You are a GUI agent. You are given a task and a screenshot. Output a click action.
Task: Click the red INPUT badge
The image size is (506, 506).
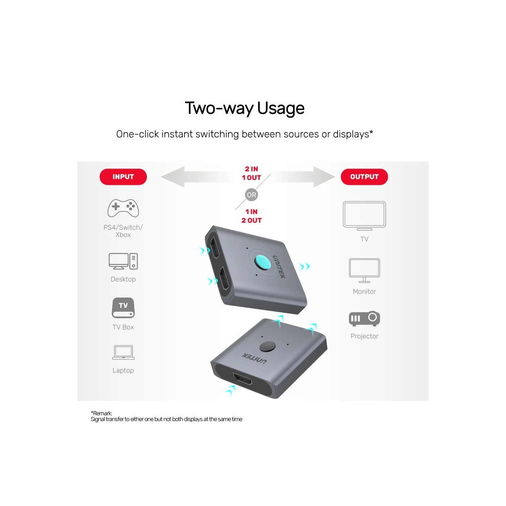123,177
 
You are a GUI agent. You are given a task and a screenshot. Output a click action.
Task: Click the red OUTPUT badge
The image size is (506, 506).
364,177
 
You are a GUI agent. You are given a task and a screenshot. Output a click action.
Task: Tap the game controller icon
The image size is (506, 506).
123,208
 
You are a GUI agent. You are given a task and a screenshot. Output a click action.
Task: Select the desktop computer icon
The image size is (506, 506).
123,261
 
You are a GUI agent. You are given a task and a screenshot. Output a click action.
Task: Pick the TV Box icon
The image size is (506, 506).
123,308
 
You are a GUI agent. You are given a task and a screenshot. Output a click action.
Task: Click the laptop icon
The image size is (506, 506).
123,352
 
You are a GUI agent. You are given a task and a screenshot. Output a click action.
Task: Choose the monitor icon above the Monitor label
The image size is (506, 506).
364,271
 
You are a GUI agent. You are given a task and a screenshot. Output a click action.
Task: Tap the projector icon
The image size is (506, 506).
364,318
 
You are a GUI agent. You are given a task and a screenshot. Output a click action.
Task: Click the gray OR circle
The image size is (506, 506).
251,195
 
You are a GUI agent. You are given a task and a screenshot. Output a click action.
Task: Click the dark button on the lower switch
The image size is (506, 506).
267,346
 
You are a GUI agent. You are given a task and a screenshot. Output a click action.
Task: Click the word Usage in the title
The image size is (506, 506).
281,108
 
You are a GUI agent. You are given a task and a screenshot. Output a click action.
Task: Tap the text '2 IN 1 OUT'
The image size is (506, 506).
251,173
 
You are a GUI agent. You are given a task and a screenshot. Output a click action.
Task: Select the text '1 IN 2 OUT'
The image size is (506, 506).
251,216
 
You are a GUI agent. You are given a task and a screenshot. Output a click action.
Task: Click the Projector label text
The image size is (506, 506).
364,336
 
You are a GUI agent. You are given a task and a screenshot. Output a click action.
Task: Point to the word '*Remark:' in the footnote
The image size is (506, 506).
101,413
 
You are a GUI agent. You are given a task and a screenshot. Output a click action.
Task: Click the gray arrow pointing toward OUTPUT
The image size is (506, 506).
303,177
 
